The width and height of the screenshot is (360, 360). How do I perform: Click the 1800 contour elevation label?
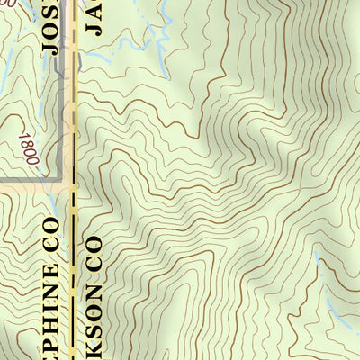29,146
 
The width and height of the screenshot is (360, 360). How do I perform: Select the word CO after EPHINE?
52,233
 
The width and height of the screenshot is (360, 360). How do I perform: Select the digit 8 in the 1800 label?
25,141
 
